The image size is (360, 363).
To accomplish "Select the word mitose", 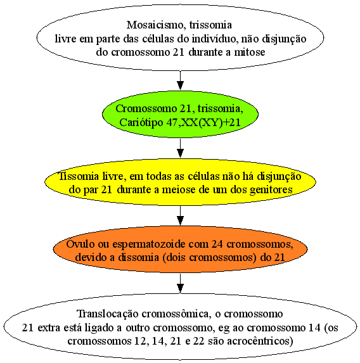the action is click(x=250, y=52).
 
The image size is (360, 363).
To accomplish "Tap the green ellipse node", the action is click(x=180, y=114).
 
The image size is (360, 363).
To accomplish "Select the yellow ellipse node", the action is click(x=180, y=182).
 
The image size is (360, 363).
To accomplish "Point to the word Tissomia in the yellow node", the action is click(x=79, y=176).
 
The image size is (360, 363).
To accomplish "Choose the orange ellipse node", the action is click(x=180, y=249).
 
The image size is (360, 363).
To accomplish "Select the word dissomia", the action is click(x=139, y=257).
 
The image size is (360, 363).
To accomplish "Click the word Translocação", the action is click(x=108, y=314).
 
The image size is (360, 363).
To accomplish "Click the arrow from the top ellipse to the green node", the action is click(x=180, y=80).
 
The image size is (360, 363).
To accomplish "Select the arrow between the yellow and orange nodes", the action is click(x=180, y=215).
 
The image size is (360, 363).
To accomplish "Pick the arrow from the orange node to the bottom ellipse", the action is click(x=180, y=283).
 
